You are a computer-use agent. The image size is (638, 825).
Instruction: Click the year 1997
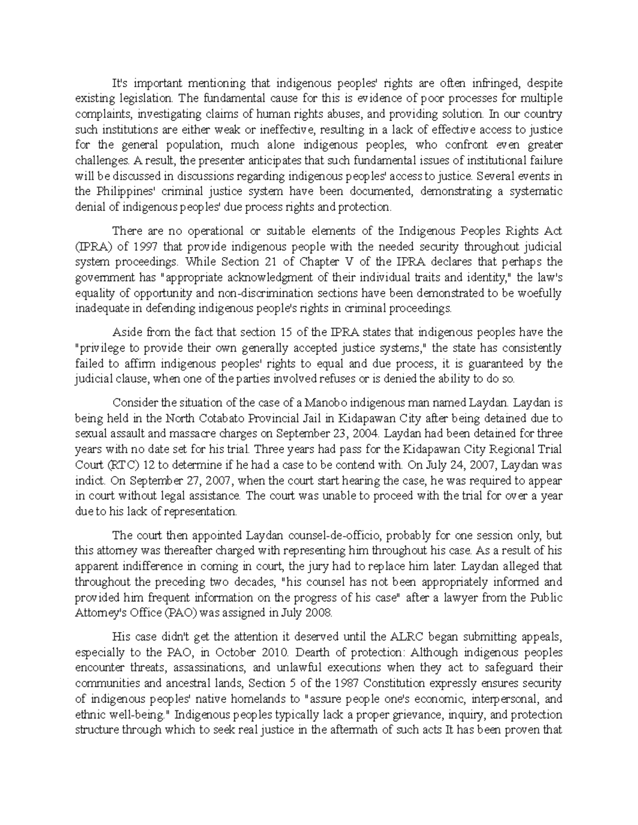pos(146,246)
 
